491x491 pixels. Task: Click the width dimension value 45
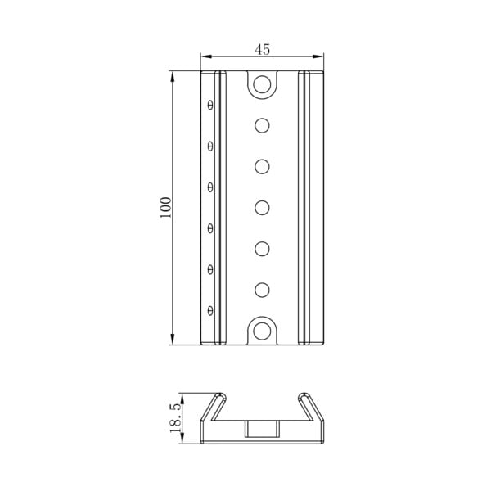click(x=262, y=49)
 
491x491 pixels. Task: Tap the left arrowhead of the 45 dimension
click(x=205, y=56)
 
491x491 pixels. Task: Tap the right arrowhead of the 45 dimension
click(x=320, y=56)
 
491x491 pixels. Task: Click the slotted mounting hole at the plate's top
click(x=262, y=83)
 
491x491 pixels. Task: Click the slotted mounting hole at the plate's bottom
click(x=262, y=331)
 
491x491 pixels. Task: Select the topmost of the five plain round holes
click(x=262, y=125)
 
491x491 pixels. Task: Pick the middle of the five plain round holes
click(x=262, y=207)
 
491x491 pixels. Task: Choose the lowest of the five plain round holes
click(x=262, y=289)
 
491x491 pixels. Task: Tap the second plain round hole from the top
click(x=262, y=166)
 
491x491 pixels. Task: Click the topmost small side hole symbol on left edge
click(x=211, y=105)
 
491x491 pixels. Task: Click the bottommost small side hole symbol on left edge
click(x=211, y=310)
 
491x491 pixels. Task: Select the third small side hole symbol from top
click(x=211, y=187)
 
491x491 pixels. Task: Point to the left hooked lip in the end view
click(x=214, y=406)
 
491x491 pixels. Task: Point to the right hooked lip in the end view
click(x=309, y=406)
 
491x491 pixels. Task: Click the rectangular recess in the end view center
click(x=262, y=429)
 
